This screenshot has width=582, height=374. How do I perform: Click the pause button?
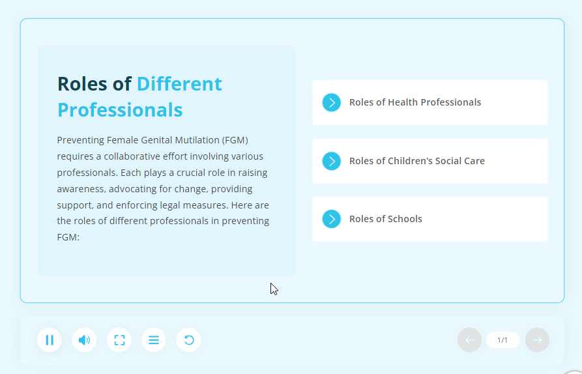50,340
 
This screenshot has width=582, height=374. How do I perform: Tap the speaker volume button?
84,340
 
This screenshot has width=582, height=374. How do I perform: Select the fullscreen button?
119,340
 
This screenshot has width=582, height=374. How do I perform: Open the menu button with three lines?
154,340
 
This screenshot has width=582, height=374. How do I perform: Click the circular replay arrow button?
188,340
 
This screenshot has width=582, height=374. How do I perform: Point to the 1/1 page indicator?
502,340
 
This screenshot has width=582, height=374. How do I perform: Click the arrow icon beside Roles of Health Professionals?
332,102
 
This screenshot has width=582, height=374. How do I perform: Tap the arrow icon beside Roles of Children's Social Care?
332,161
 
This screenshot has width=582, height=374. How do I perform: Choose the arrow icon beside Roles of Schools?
332,219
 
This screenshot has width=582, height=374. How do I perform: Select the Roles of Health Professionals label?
415,102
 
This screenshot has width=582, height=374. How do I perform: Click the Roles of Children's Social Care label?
417,161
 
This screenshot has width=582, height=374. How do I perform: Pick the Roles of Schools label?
386,219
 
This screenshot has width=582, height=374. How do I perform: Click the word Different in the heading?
179,84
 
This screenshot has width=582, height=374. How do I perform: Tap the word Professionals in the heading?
120,110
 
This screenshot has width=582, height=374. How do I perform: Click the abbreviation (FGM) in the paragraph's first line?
235,140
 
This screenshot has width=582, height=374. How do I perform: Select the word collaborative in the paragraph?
145,156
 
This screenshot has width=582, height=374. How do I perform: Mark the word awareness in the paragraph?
81,189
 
